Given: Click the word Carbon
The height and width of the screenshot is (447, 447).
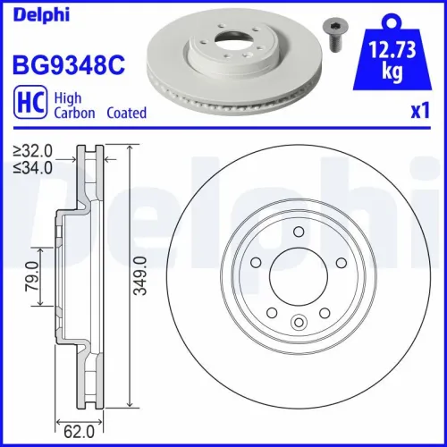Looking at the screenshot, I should point(75,114).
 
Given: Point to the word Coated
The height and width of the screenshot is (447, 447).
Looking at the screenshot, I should point(127,114).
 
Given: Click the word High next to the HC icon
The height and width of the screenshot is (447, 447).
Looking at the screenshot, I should point(68,99).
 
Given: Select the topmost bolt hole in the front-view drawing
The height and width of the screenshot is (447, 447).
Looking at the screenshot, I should point(297,232).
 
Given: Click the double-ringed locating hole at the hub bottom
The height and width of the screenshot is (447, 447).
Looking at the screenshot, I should point(298,324).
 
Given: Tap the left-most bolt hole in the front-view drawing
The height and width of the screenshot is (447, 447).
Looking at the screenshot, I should point(255,262).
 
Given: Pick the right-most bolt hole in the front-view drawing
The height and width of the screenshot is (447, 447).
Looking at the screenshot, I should point(340,262).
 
